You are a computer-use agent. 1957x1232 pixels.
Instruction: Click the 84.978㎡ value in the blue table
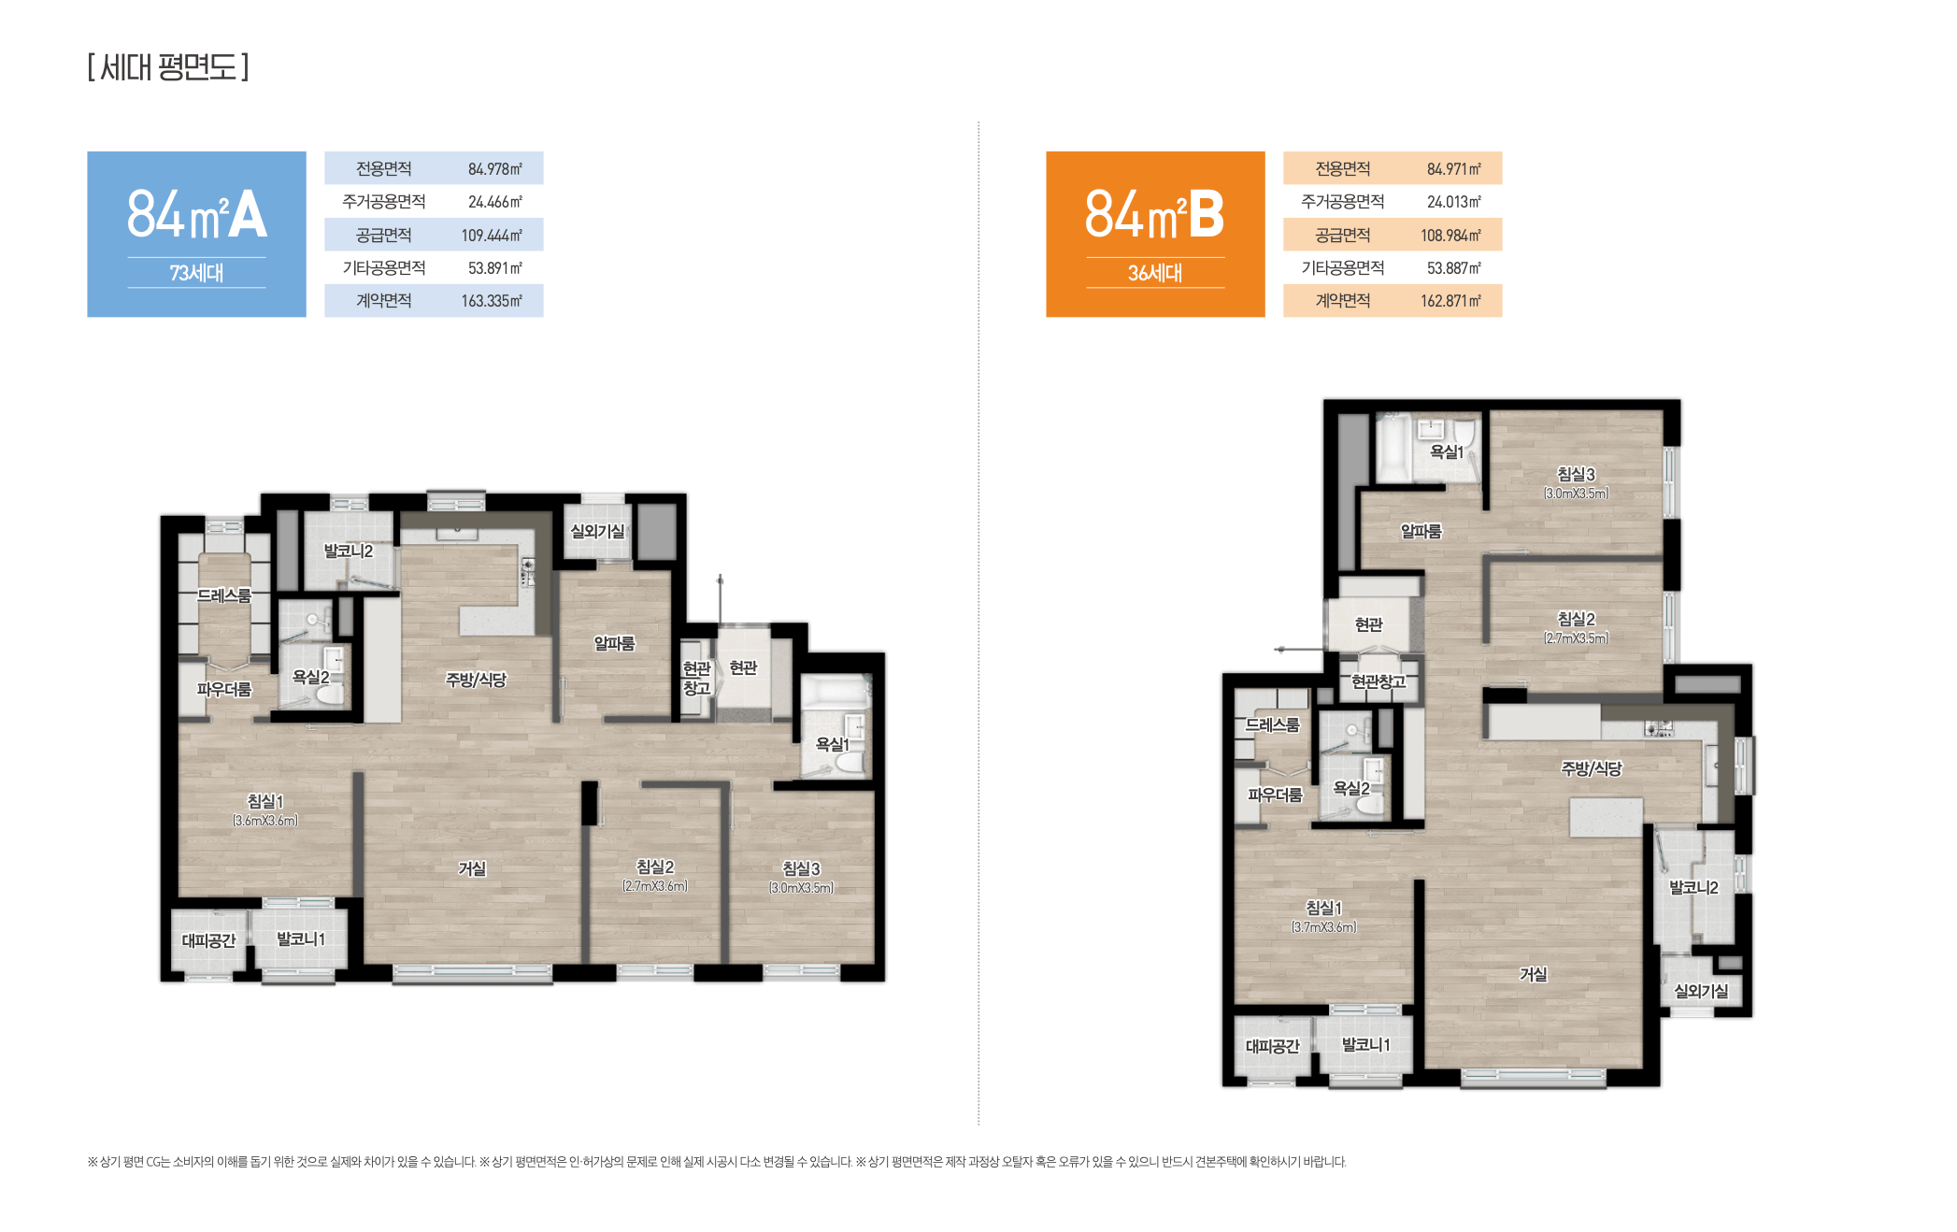click(495, 169)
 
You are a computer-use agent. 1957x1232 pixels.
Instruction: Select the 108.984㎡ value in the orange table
click(1450, 236)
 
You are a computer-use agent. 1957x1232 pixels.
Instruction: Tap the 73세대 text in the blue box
click(196, 273)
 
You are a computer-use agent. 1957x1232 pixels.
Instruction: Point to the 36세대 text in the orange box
click(1155, 273)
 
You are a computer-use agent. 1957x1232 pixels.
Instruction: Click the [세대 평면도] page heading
click(168, 67)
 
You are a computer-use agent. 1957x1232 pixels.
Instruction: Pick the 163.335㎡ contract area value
click(492, 301)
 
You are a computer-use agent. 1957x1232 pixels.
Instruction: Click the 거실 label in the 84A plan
click(472, 868)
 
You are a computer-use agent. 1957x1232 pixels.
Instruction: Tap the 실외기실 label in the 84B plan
click(1701, 991)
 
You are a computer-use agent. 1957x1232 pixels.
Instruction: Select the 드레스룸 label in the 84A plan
click(224, 595)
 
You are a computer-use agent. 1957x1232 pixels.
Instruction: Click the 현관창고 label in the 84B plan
click(1378, 681)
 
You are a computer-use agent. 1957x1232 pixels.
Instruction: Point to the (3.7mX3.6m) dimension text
click(1324, 927)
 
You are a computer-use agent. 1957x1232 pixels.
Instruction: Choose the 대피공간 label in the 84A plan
click(208, 940)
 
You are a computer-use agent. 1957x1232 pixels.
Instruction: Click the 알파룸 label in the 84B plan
click(1421, 531)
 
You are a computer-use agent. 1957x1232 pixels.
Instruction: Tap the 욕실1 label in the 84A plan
click(833, 744)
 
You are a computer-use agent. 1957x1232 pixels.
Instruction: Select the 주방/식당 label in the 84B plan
click(1592, 768)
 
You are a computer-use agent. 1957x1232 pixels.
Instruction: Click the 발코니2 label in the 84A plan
click(348, 551)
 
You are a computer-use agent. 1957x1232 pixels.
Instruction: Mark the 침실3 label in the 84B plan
click(1576, 474)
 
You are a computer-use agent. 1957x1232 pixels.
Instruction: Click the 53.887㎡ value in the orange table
click(1454, 268)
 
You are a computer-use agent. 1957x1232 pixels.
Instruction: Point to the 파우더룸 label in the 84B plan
click(1275, 795)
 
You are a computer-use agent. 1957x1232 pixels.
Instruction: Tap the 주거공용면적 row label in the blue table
click(384, 202)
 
